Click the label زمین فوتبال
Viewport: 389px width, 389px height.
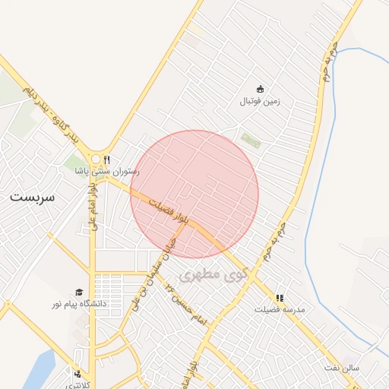(x=260, y=101)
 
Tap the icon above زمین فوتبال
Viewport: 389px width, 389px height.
(x=260, y=90)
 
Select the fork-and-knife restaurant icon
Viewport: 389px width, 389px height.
(x=107, y=160)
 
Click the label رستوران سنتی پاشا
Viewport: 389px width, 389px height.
(x=106, y=171)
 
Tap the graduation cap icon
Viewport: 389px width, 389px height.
(x=78, y=293)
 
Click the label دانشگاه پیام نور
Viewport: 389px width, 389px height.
(x=79, y=304)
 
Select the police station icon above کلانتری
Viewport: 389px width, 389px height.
(x=77, y=374)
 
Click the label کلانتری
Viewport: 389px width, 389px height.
(x=76, y=384)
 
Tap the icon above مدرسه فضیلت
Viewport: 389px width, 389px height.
(x=280, y=299)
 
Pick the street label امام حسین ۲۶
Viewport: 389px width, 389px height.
(x=190, y=307)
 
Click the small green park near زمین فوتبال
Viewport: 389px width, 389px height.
(x=250, y=141)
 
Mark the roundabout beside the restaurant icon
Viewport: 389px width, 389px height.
(x=96, y=160)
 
